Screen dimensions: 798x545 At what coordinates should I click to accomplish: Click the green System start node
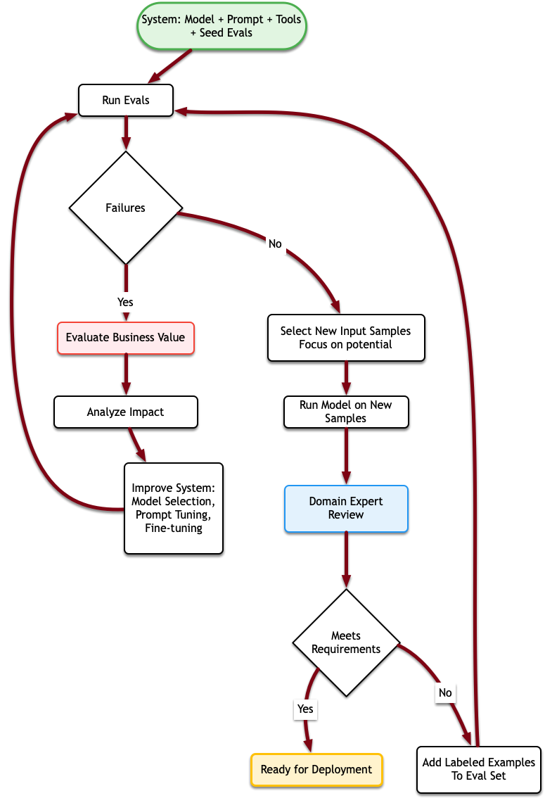click(x=222, y=26)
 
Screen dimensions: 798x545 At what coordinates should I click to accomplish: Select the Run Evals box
click(x=126, y=101)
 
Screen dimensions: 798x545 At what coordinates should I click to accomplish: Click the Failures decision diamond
click(x=126, y=208)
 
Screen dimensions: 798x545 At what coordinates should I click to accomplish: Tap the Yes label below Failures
click(x=125, y=302)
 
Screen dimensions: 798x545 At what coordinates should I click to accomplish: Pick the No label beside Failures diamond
click(x=275, y=244)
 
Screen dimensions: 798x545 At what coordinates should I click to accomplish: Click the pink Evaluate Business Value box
click(x=126, y=338)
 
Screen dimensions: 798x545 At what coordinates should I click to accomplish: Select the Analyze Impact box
click(x=126, y=412)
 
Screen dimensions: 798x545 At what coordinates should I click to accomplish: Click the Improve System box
click(x=174, y=508)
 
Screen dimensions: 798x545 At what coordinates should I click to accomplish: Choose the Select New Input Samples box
click(x=346, y=338)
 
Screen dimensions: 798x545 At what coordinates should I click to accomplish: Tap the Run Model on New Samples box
click(x=346, y=412)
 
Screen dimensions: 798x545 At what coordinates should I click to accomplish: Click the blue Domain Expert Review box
click(x=346, y=508)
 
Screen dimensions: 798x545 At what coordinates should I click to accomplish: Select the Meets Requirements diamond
click(x=346, y=642)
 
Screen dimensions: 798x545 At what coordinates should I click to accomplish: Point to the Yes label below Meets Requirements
click(x=305, y=709)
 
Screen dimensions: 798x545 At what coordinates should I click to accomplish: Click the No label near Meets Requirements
click(x=445, y=692)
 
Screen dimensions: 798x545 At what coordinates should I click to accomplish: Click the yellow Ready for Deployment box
click(x=316, y=769)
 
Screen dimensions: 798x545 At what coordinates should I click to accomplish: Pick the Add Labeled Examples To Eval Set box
click(x=479, y=769)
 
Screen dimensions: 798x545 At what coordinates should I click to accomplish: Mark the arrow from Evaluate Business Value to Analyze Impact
click(x=126, y=374)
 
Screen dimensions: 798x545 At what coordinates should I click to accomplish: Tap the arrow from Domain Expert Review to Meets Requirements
click(x=346, y=559)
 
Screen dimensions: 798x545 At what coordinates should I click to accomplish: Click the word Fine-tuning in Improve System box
click(x=174, y=528)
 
